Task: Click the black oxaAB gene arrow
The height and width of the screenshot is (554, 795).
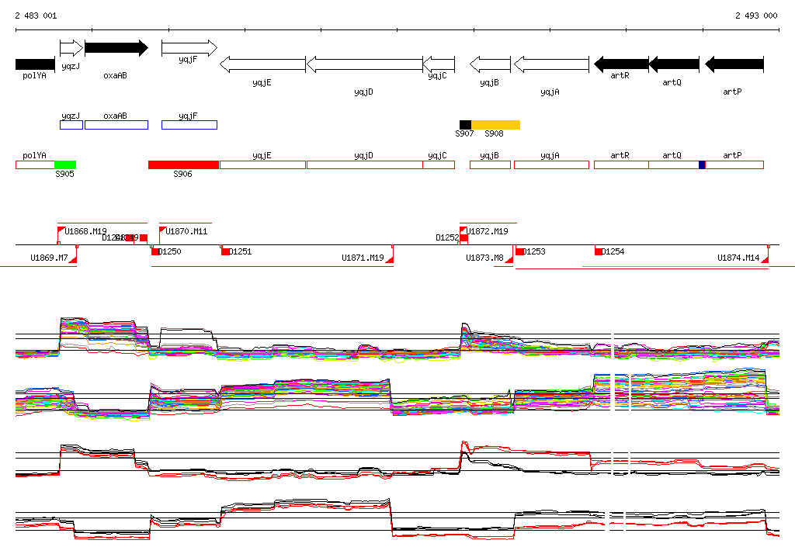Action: click(x=116, y=48)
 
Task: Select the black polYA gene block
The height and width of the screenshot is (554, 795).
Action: click(x=35, y=64)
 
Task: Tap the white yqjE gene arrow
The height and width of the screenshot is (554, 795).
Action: click(x=262, y=64)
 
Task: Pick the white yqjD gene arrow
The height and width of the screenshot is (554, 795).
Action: click(x=364, y=64)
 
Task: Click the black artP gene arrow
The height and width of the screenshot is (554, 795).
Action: click(x=734, y=64)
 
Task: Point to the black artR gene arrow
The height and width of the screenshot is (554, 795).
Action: click(x=620, y=64)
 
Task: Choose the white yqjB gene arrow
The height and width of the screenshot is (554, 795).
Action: click(x=490, y=64)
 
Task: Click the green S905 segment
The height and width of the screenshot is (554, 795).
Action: click(x=65, y=164)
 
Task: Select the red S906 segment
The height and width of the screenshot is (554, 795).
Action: click(x=183, y=164)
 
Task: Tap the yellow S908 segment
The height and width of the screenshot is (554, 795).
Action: click(x=495, y=125)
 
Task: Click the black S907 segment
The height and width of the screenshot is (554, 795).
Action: click(x=465, y=125)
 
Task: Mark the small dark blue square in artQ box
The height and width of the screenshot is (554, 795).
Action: click(x=702, y=164)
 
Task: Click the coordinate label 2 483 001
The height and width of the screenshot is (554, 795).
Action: click(x=36, y=16)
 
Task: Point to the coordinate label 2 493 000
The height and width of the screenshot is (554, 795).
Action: click(x=756, y=16)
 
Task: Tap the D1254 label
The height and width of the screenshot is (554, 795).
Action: click(x=613, y=251)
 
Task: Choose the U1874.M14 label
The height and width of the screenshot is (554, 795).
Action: click(x=738, y=258)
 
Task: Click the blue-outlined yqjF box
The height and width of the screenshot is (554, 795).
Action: click(x=189, y=125)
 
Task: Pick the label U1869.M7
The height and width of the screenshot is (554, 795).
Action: click(x=49, y=258)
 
